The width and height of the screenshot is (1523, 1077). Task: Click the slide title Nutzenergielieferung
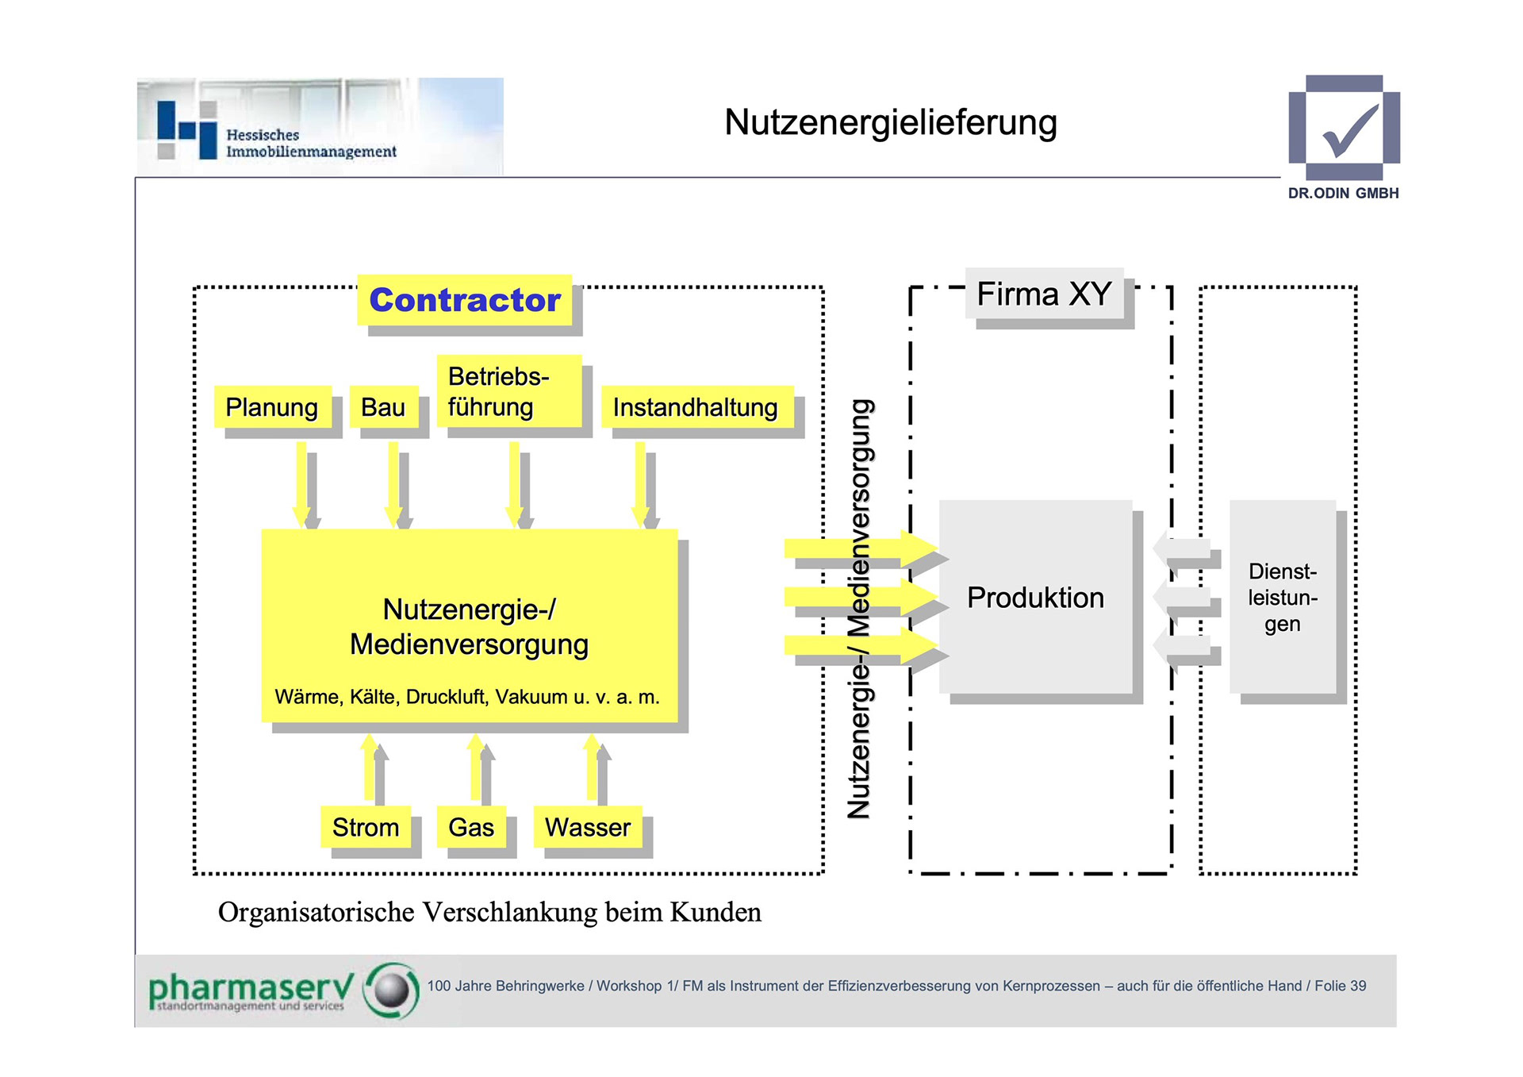[x=890, y=123]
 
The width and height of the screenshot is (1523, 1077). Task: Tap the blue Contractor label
[x=465, y=300]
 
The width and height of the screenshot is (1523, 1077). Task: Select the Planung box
[x=272, y=407]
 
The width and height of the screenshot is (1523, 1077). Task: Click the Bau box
[x=383, y=407]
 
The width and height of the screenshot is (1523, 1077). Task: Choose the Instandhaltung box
[x=696, y=407]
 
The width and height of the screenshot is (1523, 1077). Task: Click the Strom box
[x=366, y=827]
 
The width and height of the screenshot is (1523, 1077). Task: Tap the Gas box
[x=471, y=827]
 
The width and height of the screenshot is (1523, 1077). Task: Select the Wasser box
[x=588, y=827]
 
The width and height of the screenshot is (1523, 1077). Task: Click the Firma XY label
[x=1044, y=294]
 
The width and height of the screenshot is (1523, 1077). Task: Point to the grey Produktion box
[x=1035, y=597]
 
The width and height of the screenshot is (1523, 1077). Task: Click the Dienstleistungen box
[x=1283, y=597]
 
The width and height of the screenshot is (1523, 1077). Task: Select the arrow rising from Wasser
[x=592, y=768]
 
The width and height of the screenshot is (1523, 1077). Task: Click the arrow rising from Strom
[x=370, y=768]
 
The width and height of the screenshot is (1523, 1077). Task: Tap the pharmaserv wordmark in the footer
[x=250, y=988]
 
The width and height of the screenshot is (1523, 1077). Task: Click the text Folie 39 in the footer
[x=1340, y=986]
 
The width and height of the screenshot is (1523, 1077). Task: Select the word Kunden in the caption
[x=715, y=913]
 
